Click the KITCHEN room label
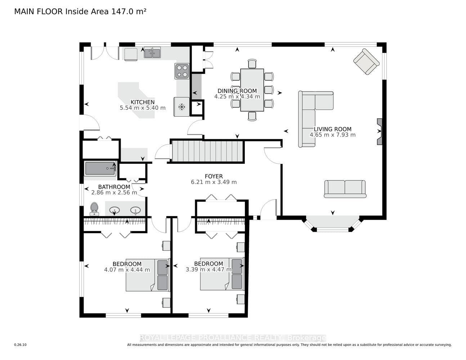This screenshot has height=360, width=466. pos(142,102)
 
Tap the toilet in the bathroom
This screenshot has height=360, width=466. pos(94,209)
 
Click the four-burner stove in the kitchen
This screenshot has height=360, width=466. pos(182,71)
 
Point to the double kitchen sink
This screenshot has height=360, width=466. pos(152,53)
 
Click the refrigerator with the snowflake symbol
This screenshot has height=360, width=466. pos(182,107)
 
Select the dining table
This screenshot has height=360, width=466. pos(252,90)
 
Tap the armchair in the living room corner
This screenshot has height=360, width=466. pos(366,62)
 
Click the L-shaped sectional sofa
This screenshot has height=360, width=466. pos(315,119)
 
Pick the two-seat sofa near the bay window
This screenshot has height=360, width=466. pos(345,189)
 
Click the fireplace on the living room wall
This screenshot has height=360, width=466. pos(379,131)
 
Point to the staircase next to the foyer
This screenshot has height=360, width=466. pos(207,151)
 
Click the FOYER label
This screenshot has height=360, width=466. pos(214,176)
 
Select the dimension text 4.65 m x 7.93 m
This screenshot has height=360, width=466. pos(333,135)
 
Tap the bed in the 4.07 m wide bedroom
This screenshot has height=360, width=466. pos(148,275)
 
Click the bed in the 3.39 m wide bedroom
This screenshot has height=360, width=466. pos(223,274)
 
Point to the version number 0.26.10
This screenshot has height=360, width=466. pos(21,345)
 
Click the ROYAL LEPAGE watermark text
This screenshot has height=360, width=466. pos(233,338)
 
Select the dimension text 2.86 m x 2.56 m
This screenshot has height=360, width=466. pos(114,193)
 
